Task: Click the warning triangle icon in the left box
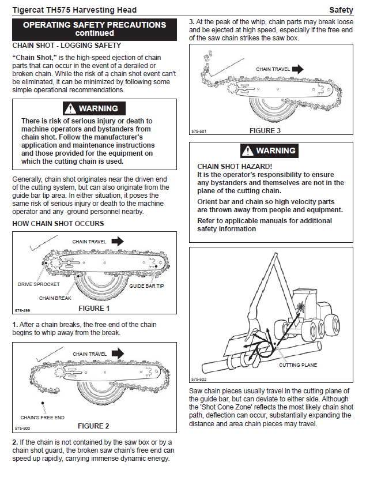(x=70, y=108)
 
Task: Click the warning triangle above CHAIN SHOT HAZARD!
(x=247, y=151)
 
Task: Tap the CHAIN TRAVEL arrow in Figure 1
(x=117, y=241)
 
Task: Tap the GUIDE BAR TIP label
(x=146, y=286)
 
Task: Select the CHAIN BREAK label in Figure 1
(x=55, y=298)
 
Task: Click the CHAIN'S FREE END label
(x=42, y=417)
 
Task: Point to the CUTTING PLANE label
(x=297, y=365)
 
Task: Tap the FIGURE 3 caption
(x=266, y=131)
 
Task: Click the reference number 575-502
(x=198, y=379)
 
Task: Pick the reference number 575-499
(x=22, y=311)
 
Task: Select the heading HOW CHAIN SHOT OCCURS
(x=58, y=223)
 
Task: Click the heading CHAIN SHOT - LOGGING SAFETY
(x=66, y=45)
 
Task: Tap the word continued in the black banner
(x=95, y=33)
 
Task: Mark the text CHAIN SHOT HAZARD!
(x=229, y=167)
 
